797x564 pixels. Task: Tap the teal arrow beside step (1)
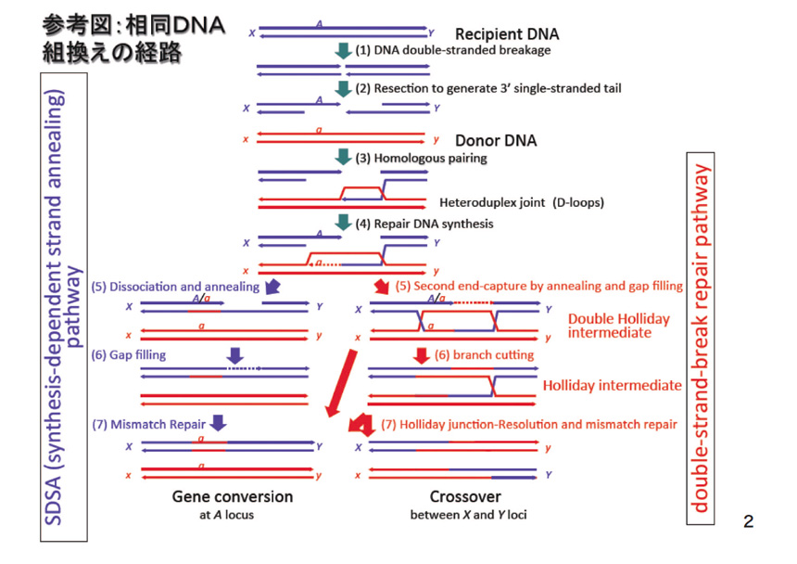coord(344,51)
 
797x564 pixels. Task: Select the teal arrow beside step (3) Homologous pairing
coord(344,158)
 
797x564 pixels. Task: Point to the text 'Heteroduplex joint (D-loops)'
coord(507,202)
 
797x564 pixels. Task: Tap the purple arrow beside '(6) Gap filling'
coord(234,354)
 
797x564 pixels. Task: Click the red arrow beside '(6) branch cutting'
coord(423,354)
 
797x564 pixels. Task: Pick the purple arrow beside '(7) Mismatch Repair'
coord(218,423)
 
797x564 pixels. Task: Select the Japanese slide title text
coord(134,39)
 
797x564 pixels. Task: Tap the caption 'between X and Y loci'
coord(468,514)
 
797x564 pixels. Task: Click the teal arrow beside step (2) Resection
coord(344,88)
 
